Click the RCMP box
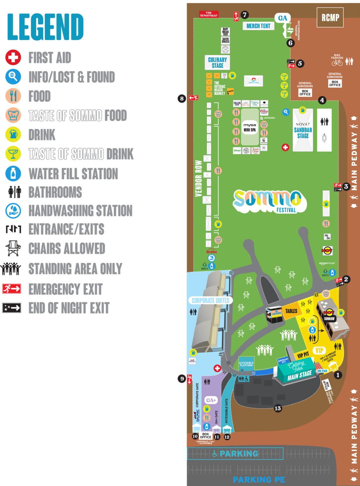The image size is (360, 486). tap(330, 17)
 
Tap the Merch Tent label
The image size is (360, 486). tap(258, 26)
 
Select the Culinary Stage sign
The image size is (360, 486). tap(217, 62)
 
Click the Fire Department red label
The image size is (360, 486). tap(208, 14)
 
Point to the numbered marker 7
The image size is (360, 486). tap(244, 15)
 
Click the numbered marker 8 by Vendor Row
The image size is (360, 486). tap(182, 98)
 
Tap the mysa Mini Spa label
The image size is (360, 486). tap(250, 127)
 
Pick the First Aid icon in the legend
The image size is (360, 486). tap(13, 57)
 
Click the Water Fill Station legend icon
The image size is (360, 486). tap(13, 173)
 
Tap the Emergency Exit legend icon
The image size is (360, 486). tap(12, 289)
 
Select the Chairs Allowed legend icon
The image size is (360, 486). tap(13, 248)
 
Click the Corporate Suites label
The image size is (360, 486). tap(210, 300)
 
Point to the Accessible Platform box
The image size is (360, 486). tap(246, 364)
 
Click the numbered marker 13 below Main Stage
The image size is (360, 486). tap(277, 408)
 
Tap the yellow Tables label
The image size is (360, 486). tap(291, 311)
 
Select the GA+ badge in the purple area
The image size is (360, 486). tap(211, 400)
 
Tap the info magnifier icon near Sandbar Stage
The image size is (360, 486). tap(286, 112)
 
